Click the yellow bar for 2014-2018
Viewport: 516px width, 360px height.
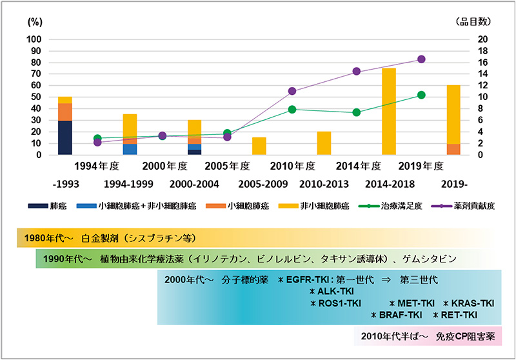[389, 111]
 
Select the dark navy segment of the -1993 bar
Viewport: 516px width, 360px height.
[65, 137]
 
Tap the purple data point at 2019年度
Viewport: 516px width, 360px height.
[421, 59]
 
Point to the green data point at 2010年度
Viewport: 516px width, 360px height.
[292, 109]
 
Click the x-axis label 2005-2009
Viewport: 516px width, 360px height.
[259, 184]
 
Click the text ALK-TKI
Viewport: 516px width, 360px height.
[331, 292]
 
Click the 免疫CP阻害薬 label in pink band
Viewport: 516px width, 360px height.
[459, 336]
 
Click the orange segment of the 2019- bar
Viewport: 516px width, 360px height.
[454, 149]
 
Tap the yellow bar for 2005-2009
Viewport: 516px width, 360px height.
[259, 146]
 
